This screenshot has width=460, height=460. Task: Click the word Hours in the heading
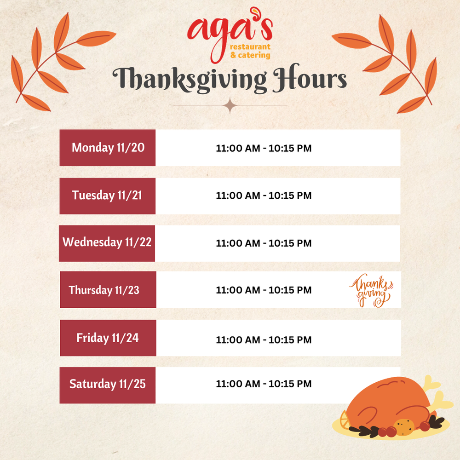tap(310, 77)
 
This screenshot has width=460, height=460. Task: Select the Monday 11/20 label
tap(108, 148)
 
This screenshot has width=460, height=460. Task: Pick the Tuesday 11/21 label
tap(107, 195)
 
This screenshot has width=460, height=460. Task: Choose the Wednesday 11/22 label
tap(107, 242)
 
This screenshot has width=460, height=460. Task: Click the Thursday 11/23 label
tap(104, 290)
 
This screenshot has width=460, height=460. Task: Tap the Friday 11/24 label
tap(107, 338)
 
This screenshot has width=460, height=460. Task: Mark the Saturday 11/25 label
tap(107, 384)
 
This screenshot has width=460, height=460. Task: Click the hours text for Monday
tap(264, 148)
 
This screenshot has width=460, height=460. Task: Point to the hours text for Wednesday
tap(264, 243)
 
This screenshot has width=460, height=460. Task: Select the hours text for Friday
tap(264, 340)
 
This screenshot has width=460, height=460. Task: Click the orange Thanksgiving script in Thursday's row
tap(371, 290)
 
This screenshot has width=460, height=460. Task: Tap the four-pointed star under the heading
tap(230, 106)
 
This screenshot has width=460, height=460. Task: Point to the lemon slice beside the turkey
tap(345, 420)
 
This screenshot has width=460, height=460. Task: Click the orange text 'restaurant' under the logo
tap(250, 47)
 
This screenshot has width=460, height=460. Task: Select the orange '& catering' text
tap(250, 55)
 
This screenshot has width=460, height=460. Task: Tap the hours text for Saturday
tap(264, 384)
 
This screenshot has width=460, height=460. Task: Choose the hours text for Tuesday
tap(264, 195)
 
